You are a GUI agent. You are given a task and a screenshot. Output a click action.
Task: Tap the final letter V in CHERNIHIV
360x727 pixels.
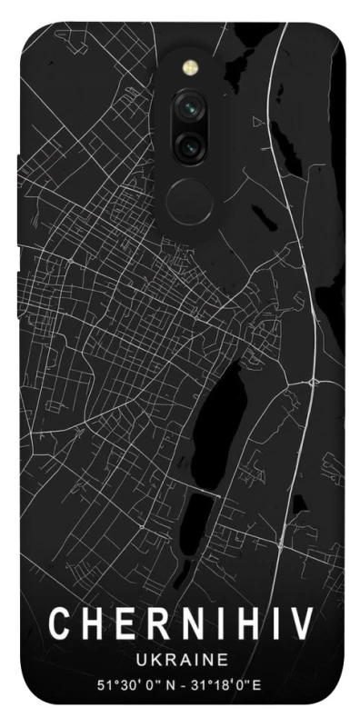coord(302,624)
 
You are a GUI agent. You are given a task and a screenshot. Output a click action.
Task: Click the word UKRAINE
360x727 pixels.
coord(180,658)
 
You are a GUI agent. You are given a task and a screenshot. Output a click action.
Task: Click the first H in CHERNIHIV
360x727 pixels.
coord(88,624)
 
